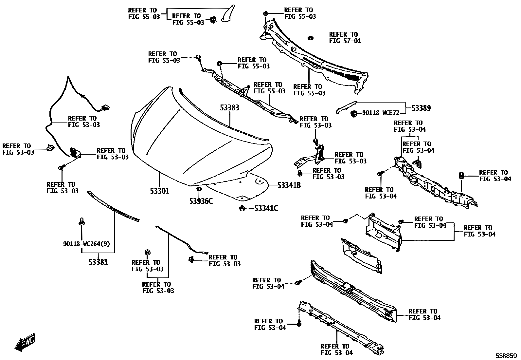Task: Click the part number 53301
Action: click(x=159, y=191)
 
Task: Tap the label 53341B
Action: click(x=289, y=185)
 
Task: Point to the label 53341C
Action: click(x=266, y=208)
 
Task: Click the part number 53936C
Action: click(x=201, y=201)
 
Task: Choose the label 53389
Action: click(x=421, y=108)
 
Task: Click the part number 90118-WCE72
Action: click(x=381, y=113)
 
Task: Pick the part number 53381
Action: click(x=98, y=262)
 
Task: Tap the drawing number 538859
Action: click(x=506, y=355)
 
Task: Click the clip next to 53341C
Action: click(x=242, y=208)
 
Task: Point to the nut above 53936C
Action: click(x=198, y=189)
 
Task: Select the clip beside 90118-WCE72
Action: click(x=353, y=114)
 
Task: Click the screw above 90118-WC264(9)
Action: click(x=81, y=222)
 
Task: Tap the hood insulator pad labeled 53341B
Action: click(x=242, y=188)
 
